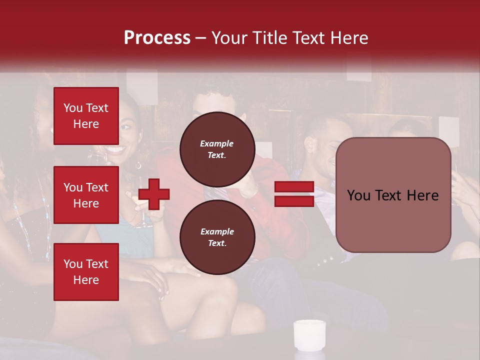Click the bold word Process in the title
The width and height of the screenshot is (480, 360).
coord(157,38)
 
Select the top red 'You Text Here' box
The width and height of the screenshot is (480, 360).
coord(86,116)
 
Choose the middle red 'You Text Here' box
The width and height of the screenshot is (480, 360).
coord(86,195)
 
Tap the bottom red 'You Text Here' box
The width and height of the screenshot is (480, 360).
coord(86,272)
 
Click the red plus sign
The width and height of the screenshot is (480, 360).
coord(154,194)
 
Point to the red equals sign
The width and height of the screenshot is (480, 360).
coord(294,194)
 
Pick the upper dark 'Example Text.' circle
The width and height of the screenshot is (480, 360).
coord(217,149)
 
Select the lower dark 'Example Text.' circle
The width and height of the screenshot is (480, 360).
coord(217,237)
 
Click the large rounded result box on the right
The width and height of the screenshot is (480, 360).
coord(393,194)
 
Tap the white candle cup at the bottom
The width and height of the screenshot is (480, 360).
coord(309,334)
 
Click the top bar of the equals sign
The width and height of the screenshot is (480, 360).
coord(294,187)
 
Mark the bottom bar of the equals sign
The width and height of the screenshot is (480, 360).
coord(294,201)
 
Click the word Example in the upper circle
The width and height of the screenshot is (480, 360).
coord(217,144)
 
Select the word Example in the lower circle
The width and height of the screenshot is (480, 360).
coord(217,232)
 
